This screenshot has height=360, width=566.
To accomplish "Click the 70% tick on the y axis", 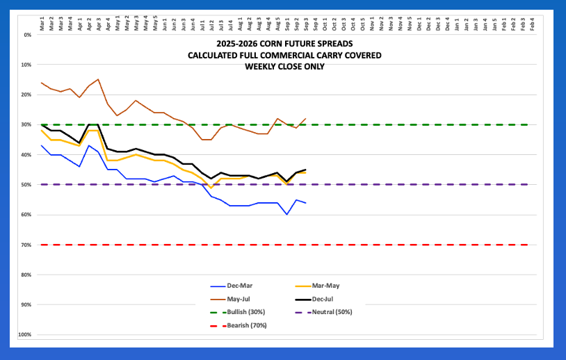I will click(28, 245).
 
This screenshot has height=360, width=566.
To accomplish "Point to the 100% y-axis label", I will click(26, 335).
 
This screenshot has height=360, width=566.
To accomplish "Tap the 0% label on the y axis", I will click(29, 35).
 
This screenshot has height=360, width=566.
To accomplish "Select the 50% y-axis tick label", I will click(28, 185).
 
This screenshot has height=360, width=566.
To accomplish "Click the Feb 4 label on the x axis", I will click(532, 22).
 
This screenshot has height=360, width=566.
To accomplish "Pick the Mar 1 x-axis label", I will click(42, 22).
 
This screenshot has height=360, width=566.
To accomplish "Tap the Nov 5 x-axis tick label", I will click(410, 22).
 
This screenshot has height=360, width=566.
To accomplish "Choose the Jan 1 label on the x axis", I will click(456, 22).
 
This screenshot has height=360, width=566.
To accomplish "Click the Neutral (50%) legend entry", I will click(334, 311).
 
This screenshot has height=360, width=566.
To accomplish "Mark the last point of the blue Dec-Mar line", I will click(306, 202).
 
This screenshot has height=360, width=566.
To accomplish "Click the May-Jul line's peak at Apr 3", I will click(98, 79).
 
